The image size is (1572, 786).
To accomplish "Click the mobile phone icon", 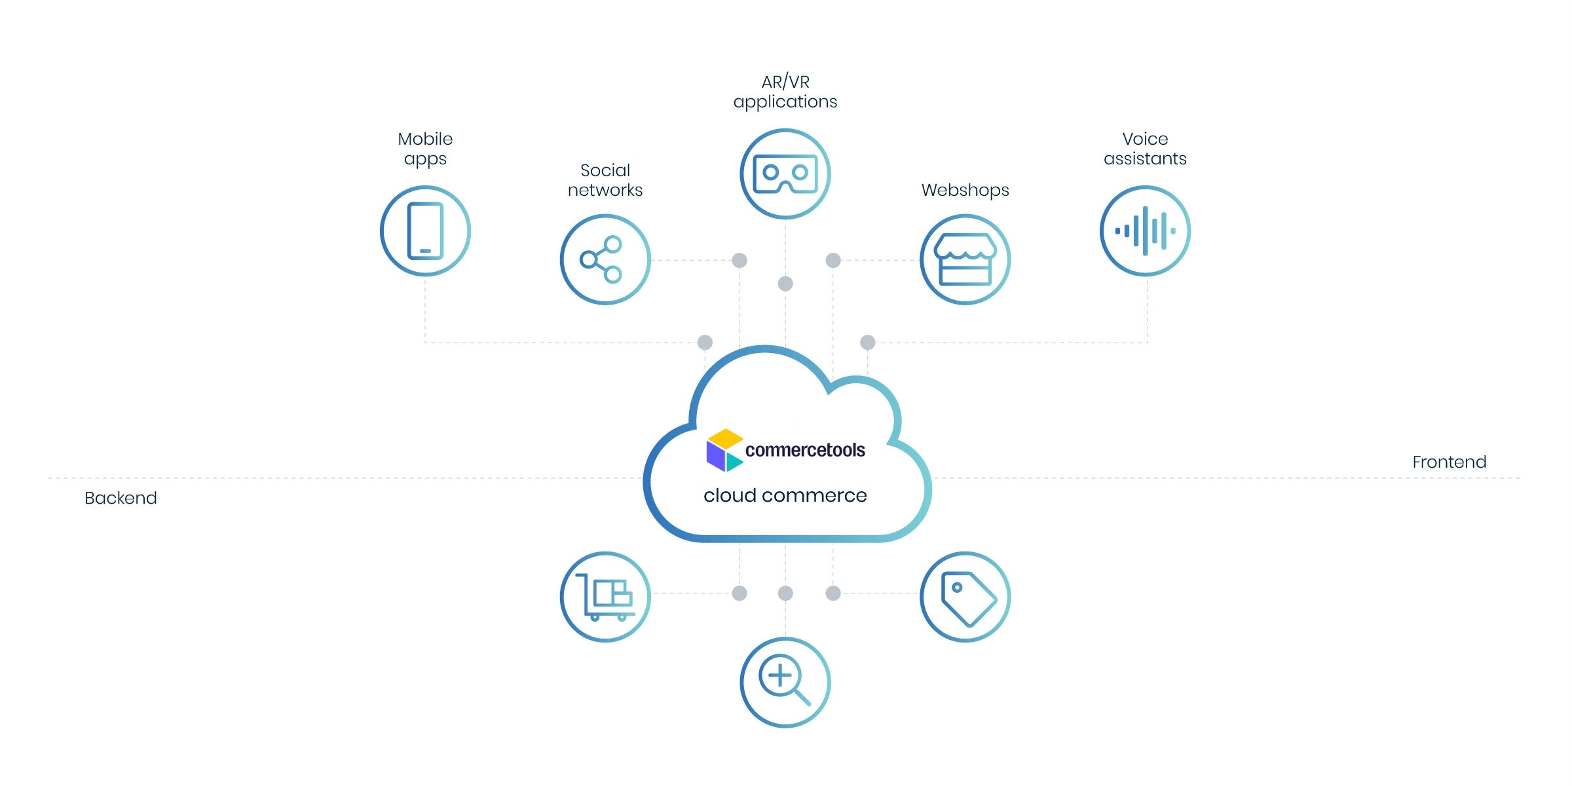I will [x=425, y=231].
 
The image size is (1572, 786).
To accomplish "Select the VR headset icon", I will [x=785, y=174].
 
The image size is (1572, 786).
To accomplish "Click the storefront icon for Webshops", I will [x=965, y=259].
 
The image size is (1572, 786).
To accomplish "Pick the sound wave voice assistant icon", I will [x=1145, y=231].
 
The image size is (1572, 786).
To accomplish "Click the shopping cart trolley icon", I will [x=605, y=597].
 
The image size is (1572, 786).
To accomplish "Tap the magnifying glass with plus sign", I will [x=785, y=682].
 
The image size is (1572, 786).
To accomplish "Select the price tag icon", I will [x=965, y=597].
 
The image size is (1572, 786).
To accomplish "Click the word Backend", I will [x=121, y=498].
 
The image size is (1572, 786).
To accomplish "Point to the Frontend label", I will [x=1449, y=462].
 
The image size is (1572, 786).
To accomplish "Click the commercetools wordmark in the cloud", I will [x=805, y=450].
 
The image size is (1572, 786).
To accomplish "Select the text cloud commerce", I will [x=785, y=495].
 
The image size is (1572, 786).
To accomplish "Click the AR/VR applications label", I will [x=785, y=92].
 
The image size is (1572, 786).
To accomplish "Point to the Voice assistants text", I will [x=1145, y=149].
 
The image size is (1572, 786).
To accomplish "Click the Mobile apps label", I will [x=425, y=149].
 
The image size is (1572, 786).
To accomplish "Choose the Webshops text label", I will [x=965, y=190].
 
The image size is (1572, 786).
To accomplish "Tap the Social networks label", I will [x=605, y=180].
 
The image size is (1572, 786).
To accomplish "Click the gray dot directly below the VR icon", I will [x=785, y=284].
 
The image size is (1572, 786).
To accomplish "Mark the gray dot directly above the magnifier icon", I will [x=785, y=593].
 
